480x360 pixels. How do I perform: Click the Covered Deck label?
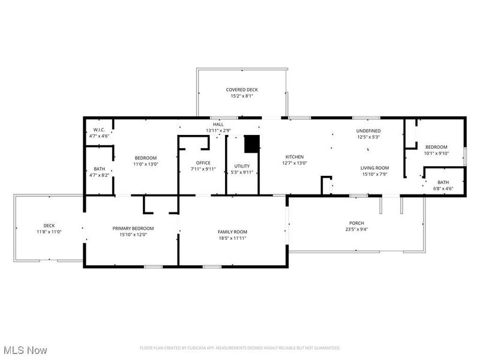pos(242,89)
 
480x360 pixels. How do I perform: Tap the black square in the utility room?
pos(252,145)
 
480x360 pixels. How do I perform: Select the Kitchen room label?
pos(295,157)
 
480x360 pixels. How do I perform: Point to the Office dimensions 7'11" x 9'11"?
pos(203,169)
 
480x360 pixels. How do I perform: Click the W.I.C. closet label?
pos(99,130)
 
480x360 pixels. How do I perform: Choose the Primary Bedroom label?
pos(133,228)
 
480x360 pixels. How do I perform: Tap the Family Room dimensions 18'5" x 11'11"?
pos(232,238)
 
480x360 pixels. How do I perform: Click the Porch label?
pos(357,223)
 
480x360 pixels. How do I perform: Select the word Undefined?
pos(368,130)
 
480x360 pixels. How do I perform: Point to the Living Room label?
pos(375,168)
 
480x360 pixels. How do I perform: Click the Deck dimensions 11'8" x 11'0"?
pos(49,232)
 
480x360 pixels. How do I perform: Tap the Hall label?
pos(218,124)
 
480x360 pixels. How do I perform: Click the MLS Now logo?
pos(25,349)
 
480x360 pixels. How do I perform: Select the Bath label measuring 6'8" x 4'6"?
pos(443,182)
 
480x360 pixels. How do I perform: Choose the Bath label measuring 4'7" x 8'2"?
pos(99,169)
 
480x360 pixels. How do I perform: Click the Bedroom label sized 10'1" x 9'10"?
pos(436,147)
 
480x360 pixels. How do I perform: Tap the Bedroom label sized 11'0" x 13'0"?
pos(145,157)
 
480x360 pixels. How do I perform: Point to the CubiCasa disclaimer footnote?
pos(240,348)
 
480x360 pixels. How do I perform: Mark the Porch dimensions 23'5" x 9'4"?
pos(357,229)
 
